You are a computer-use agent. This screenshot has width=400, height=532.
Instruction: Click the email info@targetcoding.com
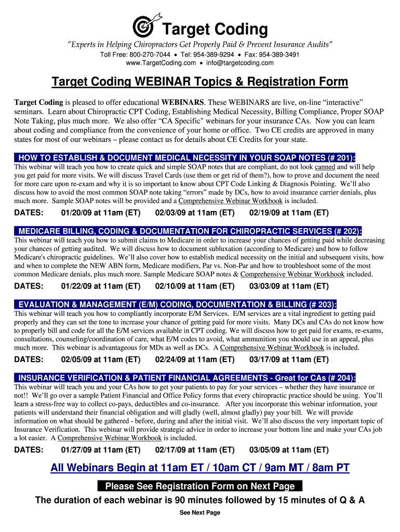239,63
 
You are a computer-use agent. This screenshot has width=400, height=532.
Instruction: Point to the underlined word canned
325,167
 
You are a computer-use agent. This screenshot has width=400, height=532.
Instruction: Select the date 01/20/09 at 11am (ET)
101,213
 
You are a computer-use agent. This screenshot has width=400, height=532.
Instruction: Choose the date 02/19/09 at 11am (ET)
289,213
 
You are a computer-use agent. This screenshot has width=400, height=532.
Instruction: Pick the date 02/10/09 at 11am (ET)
195,286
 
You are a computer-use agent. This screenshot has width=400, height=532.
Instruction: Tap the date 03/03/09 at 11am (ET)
289,286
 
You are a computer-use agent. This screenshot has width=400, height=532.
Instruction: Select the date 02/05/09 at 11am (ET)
101,360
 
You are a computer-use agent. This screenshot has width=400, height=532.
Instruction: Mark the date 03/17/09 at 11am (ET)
289,360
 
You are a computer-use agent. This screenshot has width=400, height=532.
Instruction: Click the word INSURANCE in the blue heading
41,378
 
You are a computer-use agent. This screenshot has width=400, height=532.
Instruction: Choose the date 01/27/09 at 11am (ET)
101,450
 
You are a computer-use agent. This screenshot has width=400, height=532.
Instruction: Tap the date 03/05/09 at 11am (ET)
289,450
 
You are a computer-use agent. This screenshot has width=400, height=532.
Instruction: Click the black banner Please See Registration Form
200,486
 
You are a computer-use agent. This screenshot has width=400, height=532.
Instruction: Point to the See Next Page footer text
200,513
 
